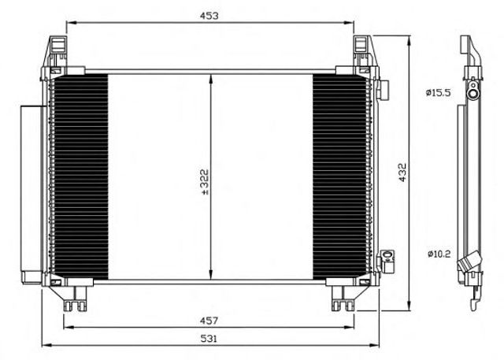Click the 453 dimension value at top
tap(209, 16)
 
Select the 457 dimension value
tap(209, 320)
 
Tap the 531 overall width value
tap(209, 338)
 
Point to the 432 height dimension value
tap(402, 173)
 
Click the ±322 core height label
tap(205, 182)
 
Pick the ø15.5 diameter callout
tap(439, 93)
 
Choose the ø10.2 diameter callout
tap(439, 254)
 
